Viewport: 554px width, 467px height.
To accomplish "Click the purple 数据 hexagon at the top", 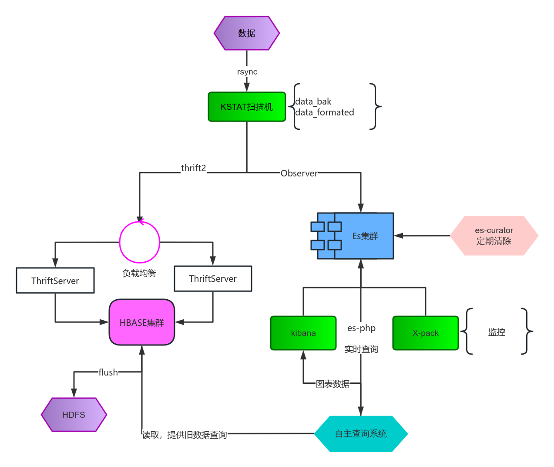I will (246, 33).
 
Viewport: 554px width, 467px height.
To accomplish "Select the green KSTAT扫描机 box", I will (247, 107).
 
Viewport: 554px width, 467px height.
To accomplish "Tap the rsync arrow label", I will (247, 72).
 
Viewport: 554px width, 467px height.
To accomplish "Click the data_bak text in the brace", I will (313, 102).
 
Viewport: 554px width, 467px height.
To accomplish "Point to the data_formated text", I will (325, 112).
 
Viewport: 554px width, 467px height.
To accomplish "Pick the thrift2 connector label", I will (193, 168).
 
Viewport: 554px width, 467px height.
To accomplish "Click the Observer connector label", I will (299, 173).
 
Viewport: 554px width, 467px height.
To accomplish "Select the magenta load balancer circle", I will (140, 242).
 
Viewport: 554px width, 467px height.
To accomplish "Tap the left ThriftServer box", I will (55, 281).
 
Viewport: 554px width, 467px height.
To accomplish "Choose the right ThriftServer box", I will (213, 279).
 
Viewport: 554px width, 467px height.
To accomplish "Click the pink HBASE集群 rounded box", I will (142, 322).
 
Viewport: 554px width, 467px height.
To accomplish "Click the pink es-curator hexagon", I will (494, 236).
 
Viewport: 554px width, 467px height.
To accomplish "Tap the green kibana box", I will (303, 333).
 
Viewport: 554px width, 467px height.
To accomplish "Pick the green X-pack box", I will (425, 333).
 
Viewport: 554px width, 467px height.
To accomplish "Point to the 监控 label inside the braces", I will (497, 332).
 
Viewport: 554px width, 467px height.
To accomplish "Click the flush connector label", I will (108, 372).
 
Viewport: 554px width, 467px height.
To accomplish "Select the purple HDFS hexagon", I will (74, 415).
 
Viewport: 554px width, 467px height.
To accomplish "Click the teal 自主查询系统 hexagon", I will (361, 434).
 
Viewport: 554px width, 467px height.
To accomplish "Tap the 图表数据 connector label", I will (332, 384).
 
